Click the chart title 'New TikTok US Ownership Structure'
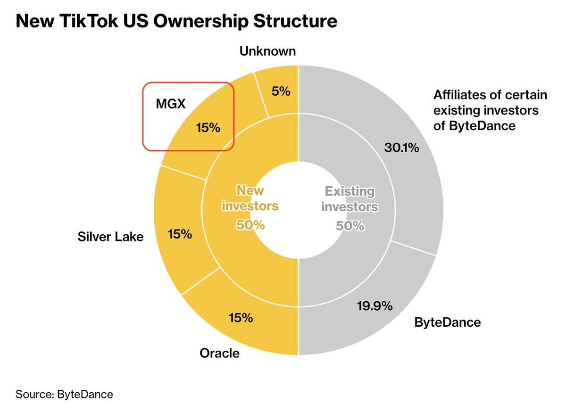(176, 21)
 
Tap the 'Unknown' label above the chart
(267, 51)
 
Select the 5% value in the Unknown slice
(281, 91)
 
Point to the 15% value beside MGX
(208, 127)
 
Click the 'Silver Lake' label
(110, 236)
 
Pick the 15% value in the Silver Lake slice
(180, 233)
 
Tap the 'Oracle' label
(219, 353)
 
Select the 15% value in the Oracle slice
(241, 318)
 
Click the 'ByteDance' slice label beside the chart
(448, 322)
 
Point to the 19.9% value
(375, 306)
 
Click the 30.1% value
(401, 148)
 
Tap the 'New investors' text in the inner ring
(250, 198)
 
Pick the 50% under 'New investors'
(250, 225)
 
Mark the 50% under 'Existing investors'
(350, 226)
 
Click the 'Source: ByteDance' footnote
(65, 394)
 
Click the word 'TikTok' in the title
(91, 21)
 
